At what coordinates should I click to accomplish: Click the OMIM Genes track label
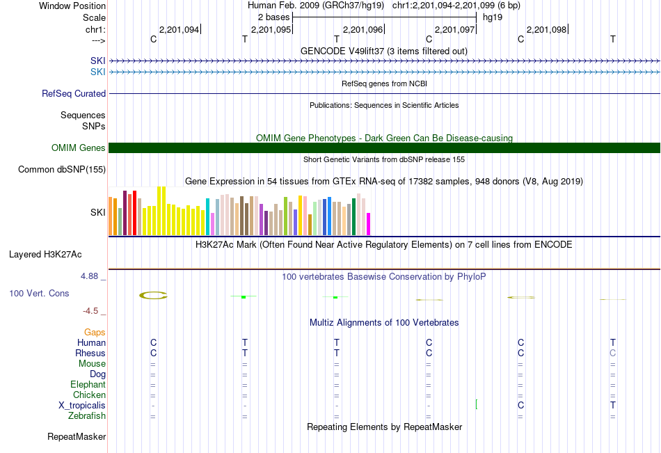(78, 148)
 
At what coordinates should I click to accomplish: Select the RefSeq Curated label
(74, 93)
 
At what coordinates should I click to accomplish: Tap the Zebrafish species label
(87, 416)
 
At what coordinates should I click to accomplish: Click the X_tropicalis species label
(82, 406)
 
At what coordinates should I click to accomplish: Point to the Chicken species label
(89, 395)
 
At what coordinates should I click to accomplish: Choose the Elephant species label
(88, 385)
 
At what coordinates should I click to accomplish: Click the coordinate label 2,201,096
(363, 30)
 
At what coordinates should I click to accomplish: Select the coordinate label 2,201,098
(546, 30)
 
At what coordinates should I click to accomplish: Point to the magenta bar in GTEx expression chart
(369, 224)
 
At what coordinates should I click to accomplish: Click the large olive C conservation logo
(153, 295)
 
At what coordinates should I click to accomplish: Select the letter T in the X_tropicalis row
(612, 406)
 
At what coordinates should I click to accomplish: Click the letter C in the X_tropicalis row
(520, 406)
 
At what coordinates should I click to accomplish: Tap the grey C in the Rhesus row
(612, 353)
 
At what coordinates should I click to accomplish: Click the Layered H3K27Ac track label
(45, 254)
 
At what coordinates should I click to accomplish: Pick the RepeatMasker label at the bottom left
(77, 437)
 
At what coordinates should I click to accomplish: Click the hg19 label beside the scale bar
(493, 17)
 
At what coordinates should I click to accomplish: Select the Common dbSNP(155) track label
(62, 169)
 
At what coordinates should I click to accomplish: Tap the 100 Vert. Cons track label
(39, 294)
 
